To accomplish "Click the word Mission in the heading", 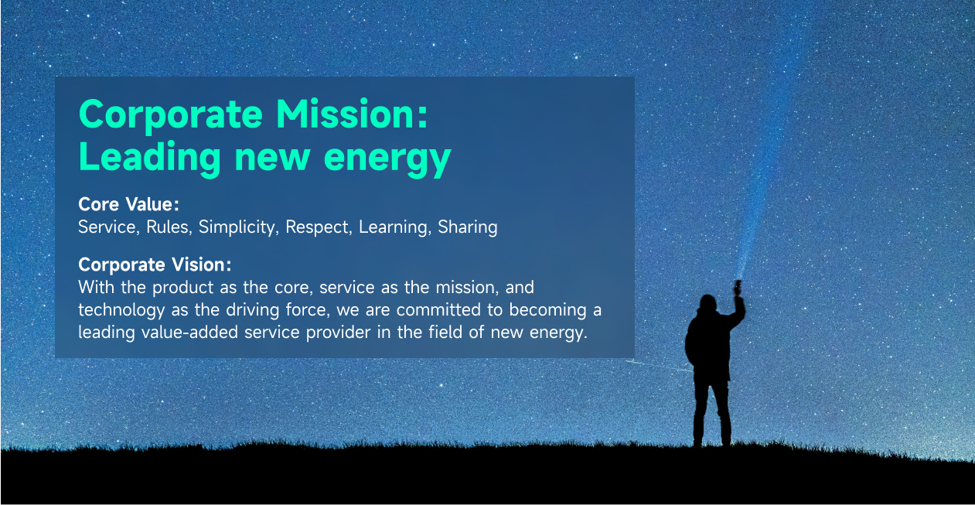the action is (352, 114).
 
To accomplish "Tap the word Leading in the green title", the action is (150, 159).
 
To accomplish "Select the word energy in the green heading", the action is (387, 161).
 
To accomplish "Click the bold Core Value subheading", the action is (128, 204).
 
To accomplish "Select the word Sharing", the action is (468, 227).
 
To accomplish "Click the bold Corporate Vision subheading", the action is (155, 264).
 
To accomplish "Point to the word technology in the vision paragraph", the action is (121, 311).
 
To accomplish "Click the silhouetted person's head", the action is (707, 303).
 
